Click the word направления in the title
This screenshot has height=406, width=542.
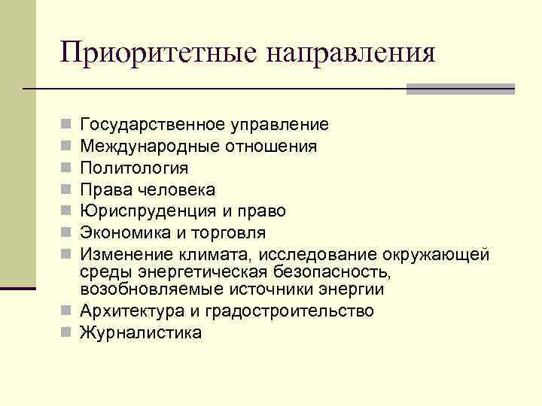click(x=351, y=54)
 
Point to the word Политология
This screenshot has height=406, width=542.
click(x=134, y=168)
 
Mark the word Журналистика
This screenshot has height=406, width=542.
click(x=141, y=332)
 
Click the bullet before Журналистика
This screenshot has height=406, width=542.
click(x=66, y=332)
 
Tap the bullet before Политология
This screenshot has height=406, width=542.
click(x=66, y=168)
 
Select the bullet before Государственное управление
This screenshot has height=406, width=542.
click(x=66, y=125)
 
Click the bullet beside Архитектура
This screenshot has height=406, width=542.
click(x=66, y=311)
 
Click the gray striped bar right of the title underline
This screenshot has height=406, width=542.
click(x=460, y=89)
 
